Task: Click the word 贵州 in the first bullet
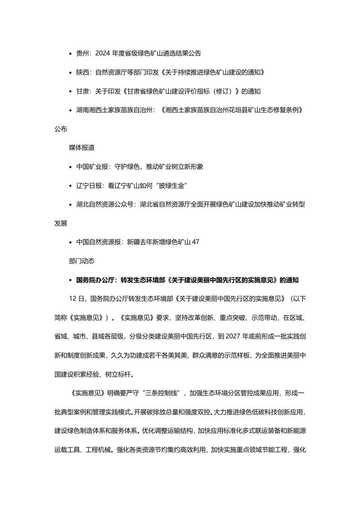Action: (82, 53)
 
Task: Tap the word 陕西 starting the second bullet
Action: (82, 72)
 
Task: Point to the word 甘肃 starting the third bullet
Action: (82, 91)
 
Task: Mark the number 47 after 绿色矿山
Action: (196, 242)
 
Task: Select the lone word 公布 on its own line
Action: (61, 129)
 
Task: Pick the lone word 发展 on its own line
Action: (61, 223)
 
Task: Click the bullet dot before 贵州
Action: (70, 54)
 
